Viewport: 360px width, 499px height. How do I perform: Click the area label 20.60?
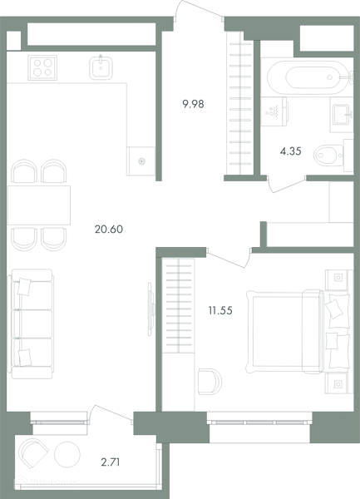109,230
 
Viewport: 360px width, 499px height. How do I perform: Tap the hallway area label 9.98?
193,104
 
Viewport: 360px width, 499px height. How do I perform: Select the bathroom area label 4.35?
290,151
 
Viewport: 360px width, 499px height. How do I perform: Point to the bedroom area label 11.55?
220,310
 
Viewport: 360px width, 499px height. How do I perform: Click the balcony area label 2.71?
111,462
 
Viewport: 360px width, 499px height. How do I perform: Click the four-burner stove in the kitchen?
42,67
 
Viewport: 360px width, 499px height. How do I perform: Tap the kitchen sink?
101,67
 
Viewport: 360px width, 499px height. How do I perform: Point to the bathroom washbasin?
342,115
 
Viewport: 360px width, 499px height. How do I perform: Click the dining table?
39,205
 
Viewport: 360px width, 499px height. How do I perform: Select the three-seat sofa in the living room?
32,324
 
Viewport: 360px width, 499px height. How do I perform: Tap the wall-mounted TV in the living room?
150,309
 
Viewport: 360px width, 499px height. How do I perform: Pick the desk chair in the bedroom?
210,382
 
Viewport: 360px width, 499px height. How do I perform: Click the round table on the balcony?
67,454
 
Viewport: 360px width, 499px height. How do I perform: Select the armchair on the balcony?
32,453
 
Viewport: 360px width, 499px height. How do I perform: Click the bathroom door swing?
287,185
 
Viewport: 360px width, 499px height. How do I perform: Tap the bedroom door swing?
228,258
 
